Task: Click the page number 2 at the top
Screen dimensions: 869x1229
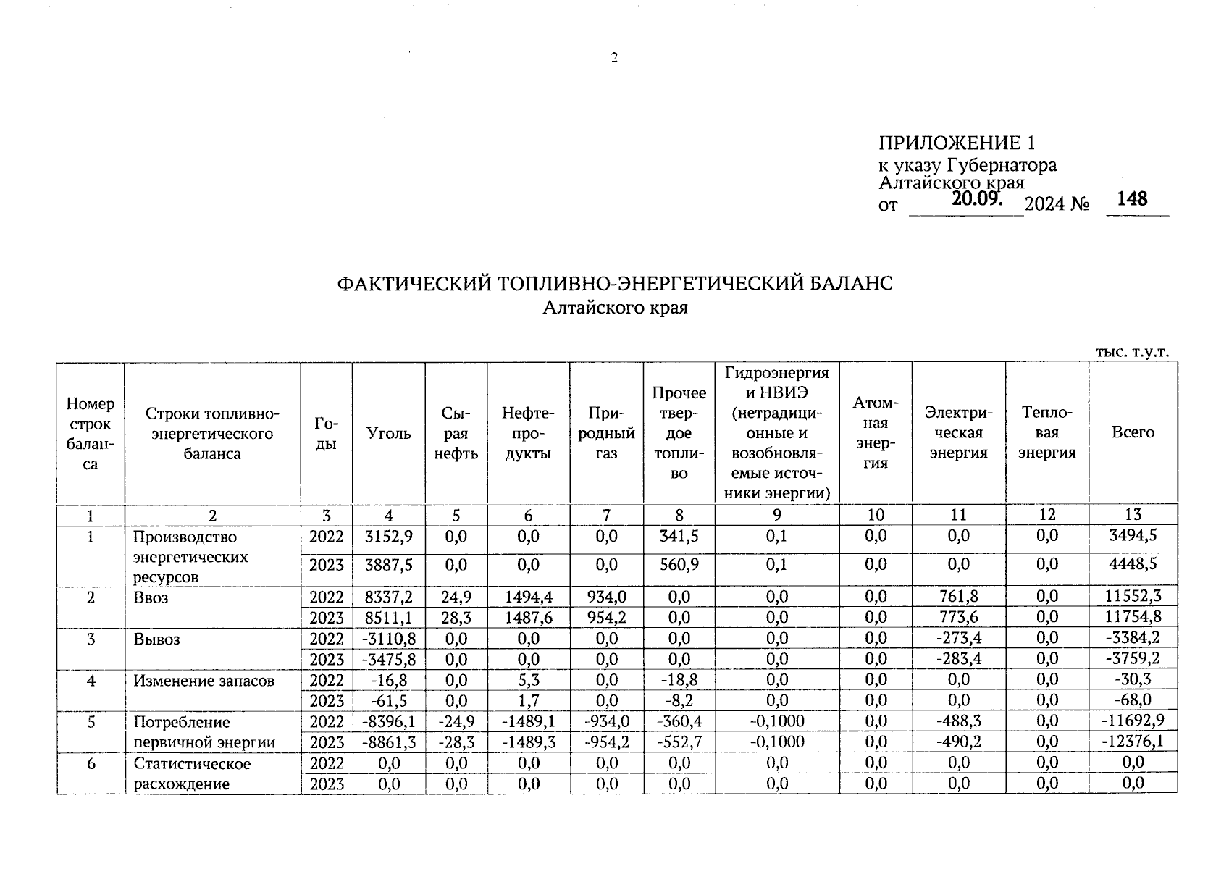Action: [x=613, y=59]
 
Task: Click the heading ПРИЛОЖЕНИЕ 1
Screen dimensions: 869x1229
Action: [x=957, y=142]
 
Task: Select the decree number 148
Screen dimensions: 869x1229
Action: [x=1132, y=198]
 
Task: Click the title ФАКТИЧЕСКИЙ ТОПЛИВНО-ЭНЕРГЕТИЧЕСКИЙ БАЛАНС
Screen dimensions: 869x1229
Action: [x=615, y=283]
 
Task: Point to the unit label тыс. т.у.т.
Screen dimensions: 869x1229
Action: [x=1131, y=352]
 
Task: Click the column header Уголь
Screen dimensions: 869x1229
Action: [x=388, y=433]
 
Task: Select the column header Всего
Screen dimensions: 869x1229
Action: [x=1132, y=432]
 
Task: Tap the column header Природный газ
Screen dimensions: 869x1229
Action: [x=606, y=433]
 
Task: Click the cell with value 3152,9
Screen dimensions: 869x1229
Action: [x=388, y=537]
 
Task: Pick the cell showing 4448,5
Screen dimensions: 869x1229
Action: [x=1133, y=564]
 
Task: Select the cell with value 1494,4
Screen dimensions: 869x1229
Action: [x=528, y=597]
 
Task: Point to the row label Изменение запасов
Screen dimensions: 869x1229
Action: [x=204, y=681]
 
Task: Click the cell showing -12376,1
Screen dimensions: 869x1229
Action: [x=1133, y=742]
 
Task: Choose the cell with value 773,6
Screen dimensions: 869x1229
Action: [x=957, y=618]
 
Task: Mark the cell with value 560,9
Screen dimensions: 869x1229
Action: [x=679, y=564]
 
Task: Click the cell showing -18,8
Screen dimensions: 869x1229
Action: [x=679, y=680]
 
